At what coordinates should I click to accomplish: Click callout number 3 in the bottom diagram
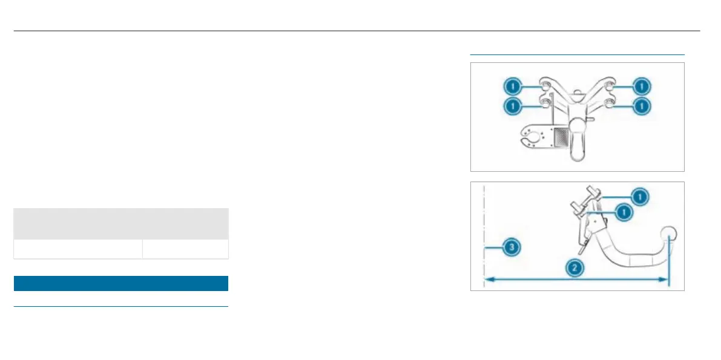(x=512, y=247)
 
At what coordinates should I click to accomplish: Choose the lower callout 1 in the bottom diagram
(x=623, y=212)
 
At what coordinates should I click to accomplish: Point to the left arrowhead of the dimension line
(x=487, y=279)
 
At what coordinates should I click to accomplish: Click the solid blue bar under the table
(x=120, y=284)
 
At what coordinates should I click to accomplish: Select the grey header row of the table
(x=120, y=224)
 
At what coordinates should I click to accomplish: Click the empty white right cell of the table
(x=185, y=249)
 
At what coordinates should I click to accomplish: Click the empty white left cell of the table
(x=77, y=249)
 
